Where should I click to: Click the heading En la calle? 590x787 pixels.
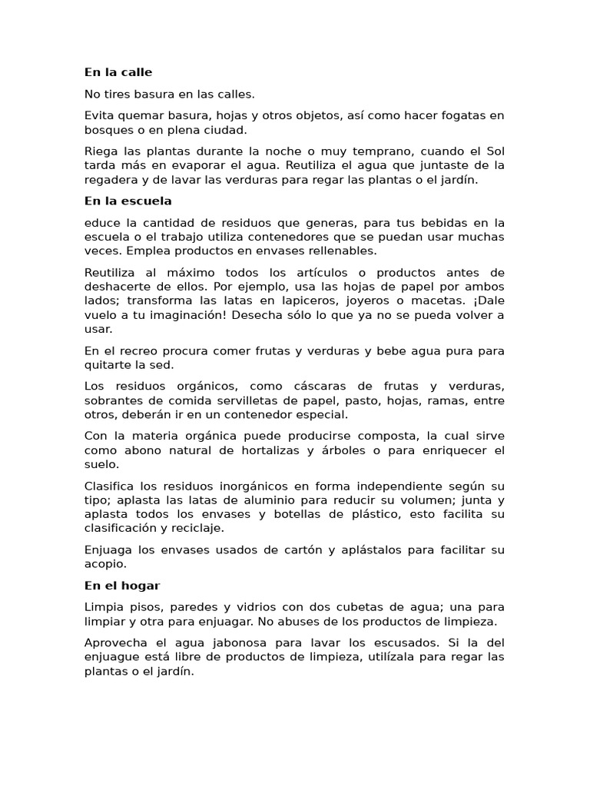118,72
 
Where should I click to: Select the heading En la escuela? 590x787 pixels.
128,201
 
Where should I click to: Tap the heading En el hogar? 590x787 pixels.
122,586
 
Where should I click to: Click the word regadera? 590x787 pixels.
110,180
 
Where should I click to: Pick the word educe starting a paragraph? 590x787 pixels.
101,223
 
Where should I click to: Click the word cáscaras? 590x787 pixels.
326,387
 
